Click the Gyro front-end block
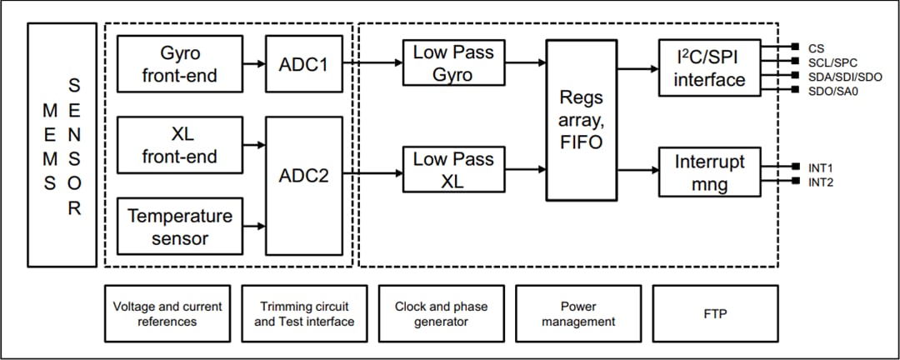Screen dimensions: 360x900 [180, 64]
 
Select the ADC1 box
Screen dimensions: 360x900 [303, 63]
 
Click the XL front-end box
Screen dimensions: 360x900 [180, 145]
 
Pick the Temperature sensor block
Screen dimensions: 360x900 [180, 227]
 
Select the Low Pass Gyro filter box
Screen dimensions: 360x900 [453, 63]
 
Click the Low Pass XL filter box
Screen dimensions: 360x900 [453, 170]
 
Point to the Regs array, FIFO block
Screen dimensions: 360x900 [587, 121]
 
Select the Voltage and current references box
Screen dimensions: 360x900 [167, 313]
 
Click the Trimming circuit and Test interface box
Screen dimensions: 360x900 [303, 313]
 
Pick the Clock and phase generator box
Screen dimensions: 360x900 [441, 313]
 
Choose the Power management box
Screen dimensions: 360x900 [577, 313]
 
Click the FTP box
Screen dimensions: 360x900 [715, 313]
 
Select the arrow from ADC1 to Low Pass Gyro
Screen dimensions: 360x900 [372, 62]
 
